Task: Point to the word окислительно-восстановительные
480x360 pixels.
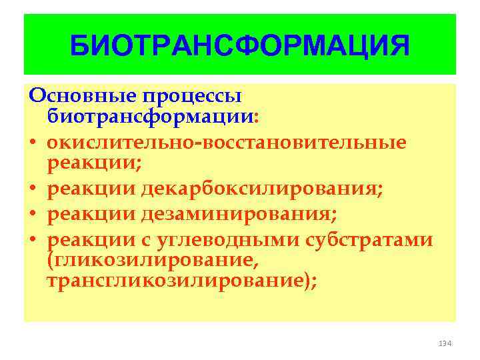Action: coord(227,142)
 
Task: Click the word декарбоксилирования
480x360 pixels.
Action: coord(262,189)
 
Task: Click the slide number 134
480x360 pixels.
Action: coord(445,343)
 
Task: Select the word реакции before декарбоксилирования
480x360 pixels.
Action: coord(91,189)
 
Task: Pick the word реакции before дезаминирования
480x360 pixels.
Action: coord(91,213)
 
